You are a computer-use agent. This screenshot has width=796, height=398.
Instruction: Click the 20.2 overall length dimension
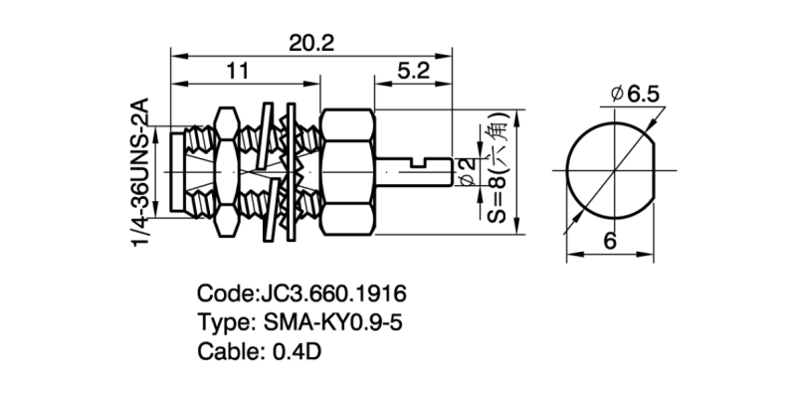311,42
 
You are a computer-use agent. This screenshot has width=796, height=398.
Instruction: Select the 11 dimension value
236,72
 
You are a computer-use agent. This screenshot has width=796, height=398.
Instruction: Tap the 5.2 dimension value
412,72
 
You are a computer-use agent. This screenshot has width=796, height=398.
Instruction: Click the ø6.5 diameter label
636,95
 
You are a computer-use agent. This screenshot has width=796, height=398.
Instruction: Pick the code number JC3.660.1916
331,296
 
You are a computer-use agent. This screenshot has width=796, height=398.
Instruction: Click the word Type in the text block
225,323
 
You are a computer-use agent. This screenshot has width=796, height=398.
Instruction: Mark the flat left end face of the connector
172,169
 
